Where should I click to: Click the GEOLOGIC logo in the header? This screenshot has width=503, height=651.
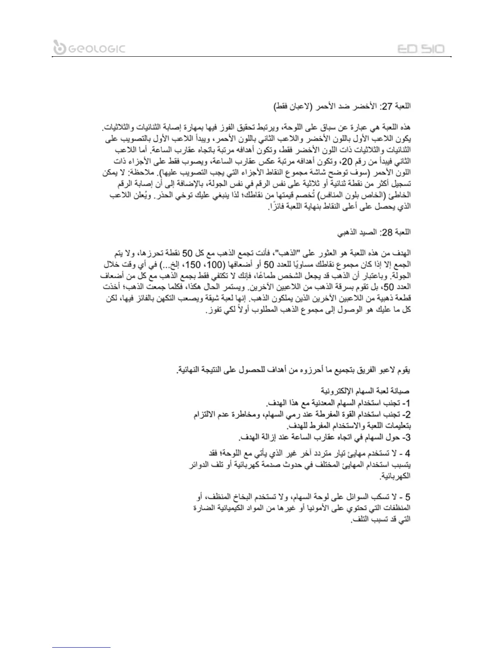coord(89,48)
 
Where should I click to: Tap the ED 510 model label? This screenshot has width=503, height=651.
coord(421,49)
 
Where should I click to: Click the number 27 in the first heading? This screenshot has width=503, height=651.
coord(388,107)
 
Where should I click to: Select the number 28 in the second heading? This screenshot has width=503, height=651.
coord(388,233)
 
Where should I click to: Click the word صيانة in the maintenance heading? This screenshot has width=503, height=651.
coord(401,390)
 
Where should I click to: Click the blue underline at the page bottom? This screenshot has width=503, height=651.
coord(82,647)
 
